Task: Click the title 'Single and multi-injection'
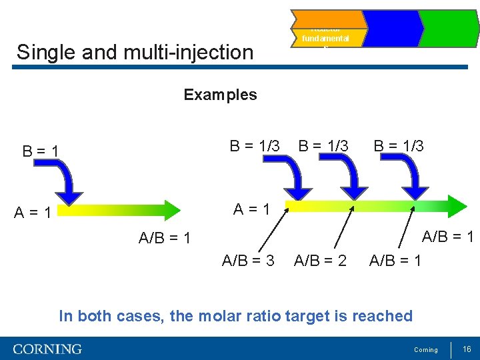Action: [135, 52]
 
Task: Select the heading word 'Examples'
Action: [220, 95]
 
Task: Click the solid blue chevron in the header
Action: [392, 29]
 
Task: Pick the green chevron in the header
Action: [451, 29]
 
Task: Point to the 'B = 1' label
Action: [41, 151]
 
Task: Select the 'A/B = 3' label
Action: [248, 260]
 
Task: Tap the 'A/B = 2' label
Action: [320, 260]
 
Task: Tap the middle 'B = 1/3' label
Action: [323, 145]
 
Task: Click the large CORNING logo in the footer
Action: [47, 349]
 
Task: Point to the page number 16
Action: [467, 349]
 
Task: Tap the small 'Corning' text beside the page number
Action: [426, 350]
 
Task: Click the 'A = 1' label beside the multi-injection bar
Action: [251, 209]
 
